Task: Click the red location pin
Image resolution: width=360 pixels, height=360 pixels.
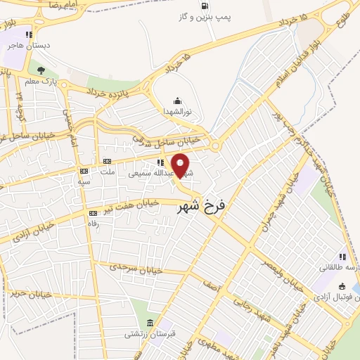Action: click(x=181, y=165)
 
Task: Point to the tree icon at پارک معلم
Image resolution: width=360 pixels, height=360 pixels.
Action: click(x=41, y=70)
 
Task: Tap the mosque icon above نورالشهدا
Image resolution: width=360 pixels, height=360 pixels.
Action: click(x=177, y=101)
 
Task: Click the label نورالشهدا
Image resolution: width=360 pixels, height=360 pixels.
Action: click(x=177, y=112)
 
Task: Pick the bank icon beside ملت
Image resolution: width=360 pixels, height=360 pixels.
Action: click(x=108, y=162)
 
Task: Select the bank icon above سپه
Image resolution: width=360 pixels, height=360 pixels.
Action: click(x=84, y=171)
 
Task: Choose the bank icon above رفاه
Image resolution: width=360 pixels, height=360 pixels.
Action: click(x=92, y=213)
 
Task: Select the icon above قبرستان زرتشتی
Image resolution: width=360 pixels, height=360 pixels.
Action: click(x=149, y=323)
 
